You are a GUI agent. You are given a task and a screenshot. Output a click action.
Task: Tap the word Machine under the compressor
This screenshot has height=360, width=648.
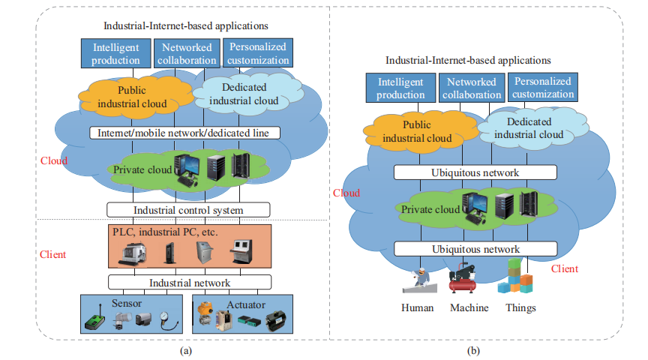click(469, 307)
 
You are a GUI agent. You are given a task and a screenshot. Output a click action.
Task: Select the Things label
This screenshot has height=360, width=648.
click(521, 307)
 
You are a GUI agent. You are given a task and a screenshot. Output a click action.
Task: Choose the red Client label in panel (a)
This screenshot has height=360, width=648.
click(52, 254)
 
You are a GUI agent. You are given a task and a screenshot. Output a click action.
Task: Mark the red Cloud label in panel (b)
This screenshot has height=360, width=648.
click(346, 193)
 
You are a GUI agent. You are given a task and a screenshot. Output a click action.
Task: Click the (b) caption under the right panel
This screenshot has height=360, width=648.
click(474, 349)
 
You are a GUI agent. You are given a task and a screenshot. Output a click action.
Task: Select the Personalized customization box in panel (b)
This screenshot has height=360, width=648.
click(542, 87)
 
